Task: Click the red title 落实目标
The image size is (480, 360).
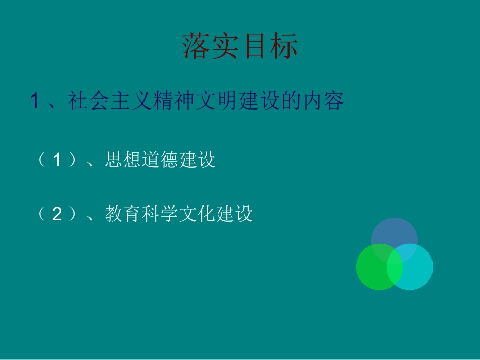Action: click(240, 46)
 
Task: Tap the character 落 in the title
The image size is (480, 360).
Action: click(197, 46)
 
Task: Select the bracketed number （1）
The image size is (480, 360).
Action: click(57, 160)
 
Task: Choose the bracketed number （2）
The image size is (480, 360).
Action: click(57, 214)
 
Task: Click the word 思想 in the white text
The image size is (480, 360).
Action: click(123, 160)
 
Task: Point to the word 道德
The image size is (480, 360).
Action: click(160, 160)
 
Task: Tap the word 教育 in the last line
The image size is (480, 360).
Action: click(123, 214)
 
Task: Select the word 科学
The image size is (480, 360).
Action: click(160, 214)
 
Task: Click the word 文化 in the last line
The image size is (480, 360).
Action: click(197, 214)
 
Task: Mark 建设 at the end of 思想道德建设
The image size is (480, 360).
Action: click(197, 160)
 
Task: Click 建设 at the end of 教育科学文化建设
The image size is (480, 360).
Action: click(234, 214)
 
